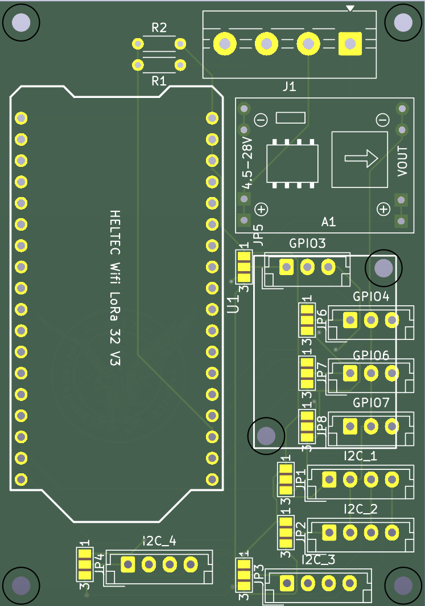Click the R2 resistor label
[159, 28]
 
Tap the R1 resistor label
[159, 81]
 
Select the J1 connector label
[289, 87]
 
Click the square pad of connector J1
[349, 43]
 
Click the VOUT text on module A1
[402, 162]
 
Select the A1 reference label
[328, 222]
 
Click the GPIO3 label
[307, 244]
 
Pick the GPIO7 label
[371, 403]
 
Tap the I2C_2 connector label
[361, 509]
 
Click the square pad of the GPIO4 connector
[350, 320]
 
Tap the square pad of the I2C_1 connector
[329, 480]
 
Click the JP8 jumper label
[321, 427]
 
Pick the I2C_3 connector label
[319, 560]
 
